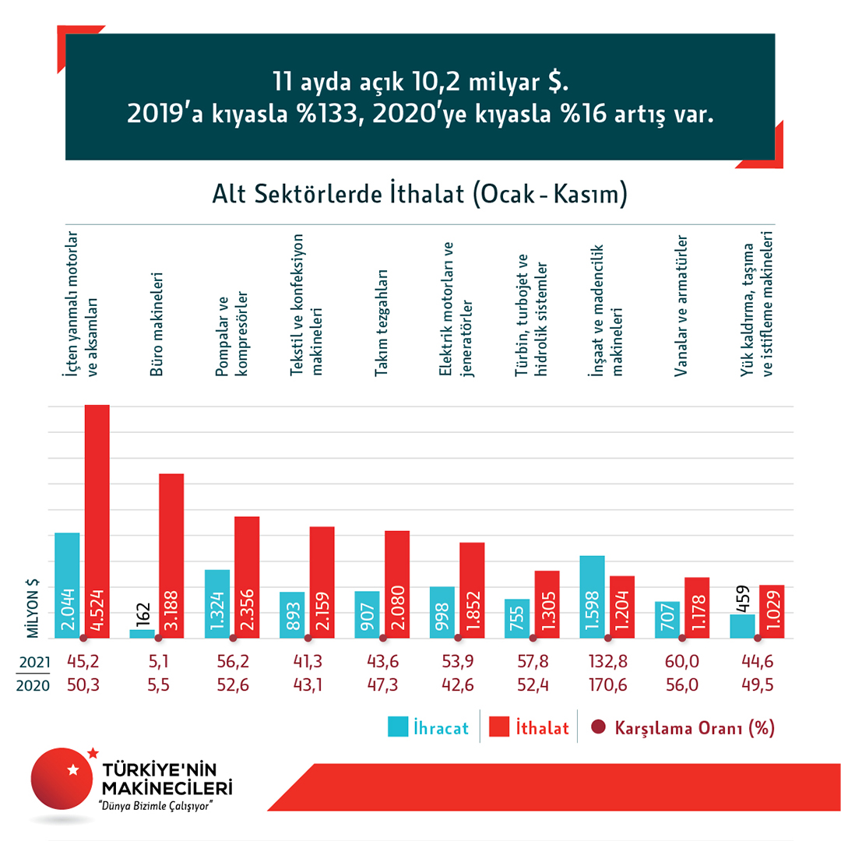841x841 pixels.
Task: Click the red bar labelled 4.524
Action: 97,522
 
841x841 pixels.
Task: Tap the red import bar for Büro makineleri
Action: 171,556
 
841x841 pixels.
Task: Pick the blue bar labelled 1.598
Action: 593,596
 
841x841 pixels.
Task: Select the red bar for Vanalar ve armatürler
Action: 696,607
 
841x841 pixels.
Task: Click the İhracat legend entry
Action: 428,728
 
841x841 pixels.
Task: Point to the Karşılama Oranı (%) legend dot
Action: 599,728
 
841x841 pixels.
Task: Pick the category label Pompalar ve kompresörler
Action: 230,335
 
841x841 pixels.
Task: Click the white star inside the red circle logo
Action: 73,770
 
